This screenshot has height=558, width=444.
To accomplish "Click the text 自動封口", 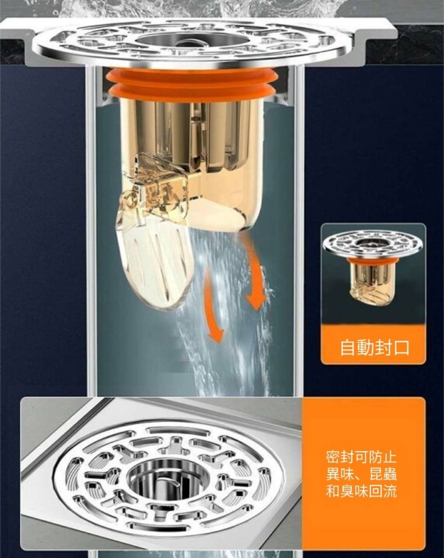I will pos(374,347).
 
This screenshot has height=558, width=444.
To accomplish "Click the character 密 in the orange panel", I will pos(333,457).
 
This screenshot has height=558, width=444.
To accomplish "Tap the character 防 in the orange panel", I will pos(371,457).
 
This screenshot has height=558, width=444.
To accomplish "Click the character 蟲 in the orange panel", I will pos(388,474).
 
